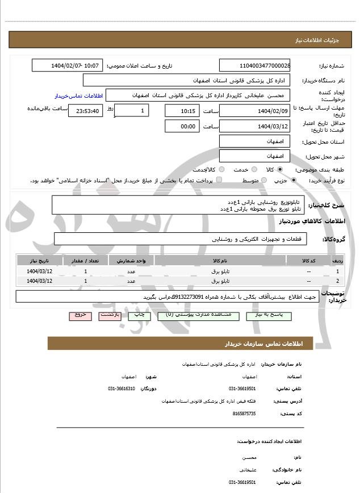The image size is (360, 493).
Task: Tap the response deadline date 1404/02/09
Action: point(255,110)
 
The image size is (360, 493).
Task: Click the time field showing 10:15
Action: point(182,111)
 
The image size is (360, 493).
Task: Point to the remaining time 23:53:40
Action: point(85,111)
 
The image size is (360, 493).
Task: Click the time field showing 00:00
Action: point(182,126)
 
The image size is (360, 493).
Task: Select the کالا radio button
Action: point(280,169)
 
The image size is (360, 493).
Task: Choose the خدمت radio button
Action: point(253,169)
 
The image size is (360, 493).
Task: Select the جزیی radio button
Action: point(293,180)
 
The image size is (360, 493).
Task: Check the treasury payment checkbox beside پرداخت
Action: point(219,180)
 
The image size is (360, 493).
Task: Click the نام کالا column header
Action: point(219,260)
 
